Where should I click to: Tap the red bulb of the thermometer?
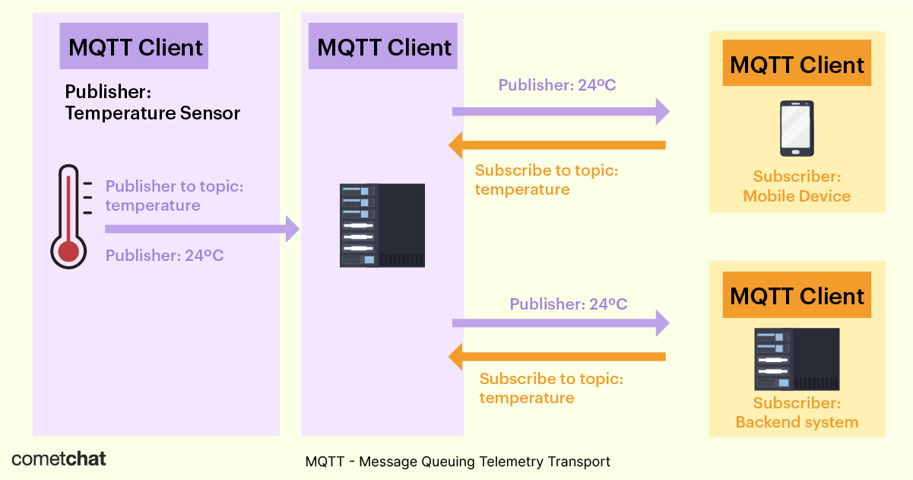point(68,250)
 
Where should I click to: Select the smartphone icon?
point(797,129)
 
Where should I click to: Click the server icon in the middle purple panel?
point(382,225)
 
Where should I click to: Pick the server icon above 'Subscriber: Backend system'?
point(797,360)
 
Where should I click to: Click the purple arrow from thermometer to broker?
point(201,228)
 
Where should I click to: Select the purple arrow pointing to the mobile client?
point(560,111)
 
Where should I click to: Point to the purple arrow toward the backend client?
point(560,323)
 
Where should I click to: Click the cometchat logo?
point(59,459)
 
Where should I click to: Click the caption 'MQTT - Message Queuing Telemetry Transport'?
point(458,462)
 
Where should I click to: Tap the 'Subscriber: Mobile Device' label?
point(797,186)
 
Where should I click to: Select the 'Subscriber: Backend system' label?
point(797,412)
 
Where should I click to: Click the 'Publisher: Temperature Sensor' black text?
point(152,103)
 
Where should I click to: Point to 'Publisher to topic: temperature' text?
point(174,195)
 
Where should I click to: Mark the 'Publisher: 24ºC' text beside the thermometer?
point(164,256)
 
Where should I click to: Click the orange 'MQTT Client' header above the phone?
point(797,65)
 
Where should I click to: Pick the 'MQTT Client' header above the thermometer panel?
point(135,47)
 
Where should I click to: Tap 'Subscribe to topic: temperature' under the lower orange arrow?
point(551,388)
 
